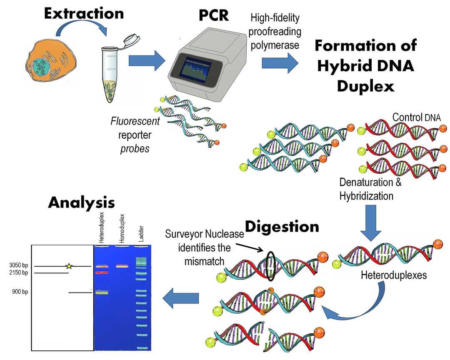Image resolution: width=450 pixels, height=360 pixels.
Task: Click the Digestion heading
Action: [282, 226]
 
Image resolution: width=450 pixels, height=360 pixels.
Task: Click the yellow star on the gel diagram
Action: [69, 266]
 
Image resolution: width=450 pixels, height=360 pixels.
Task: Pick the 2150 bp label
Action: [18, 272]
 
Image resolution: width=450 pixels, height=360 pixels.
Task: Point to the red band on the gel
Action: [102, 272]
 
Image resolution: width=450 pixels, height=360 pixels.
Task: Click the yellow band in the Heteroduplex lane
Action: [102, 292]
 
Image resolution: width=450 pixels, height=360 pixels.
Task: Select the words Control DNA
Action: [413, 117]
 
